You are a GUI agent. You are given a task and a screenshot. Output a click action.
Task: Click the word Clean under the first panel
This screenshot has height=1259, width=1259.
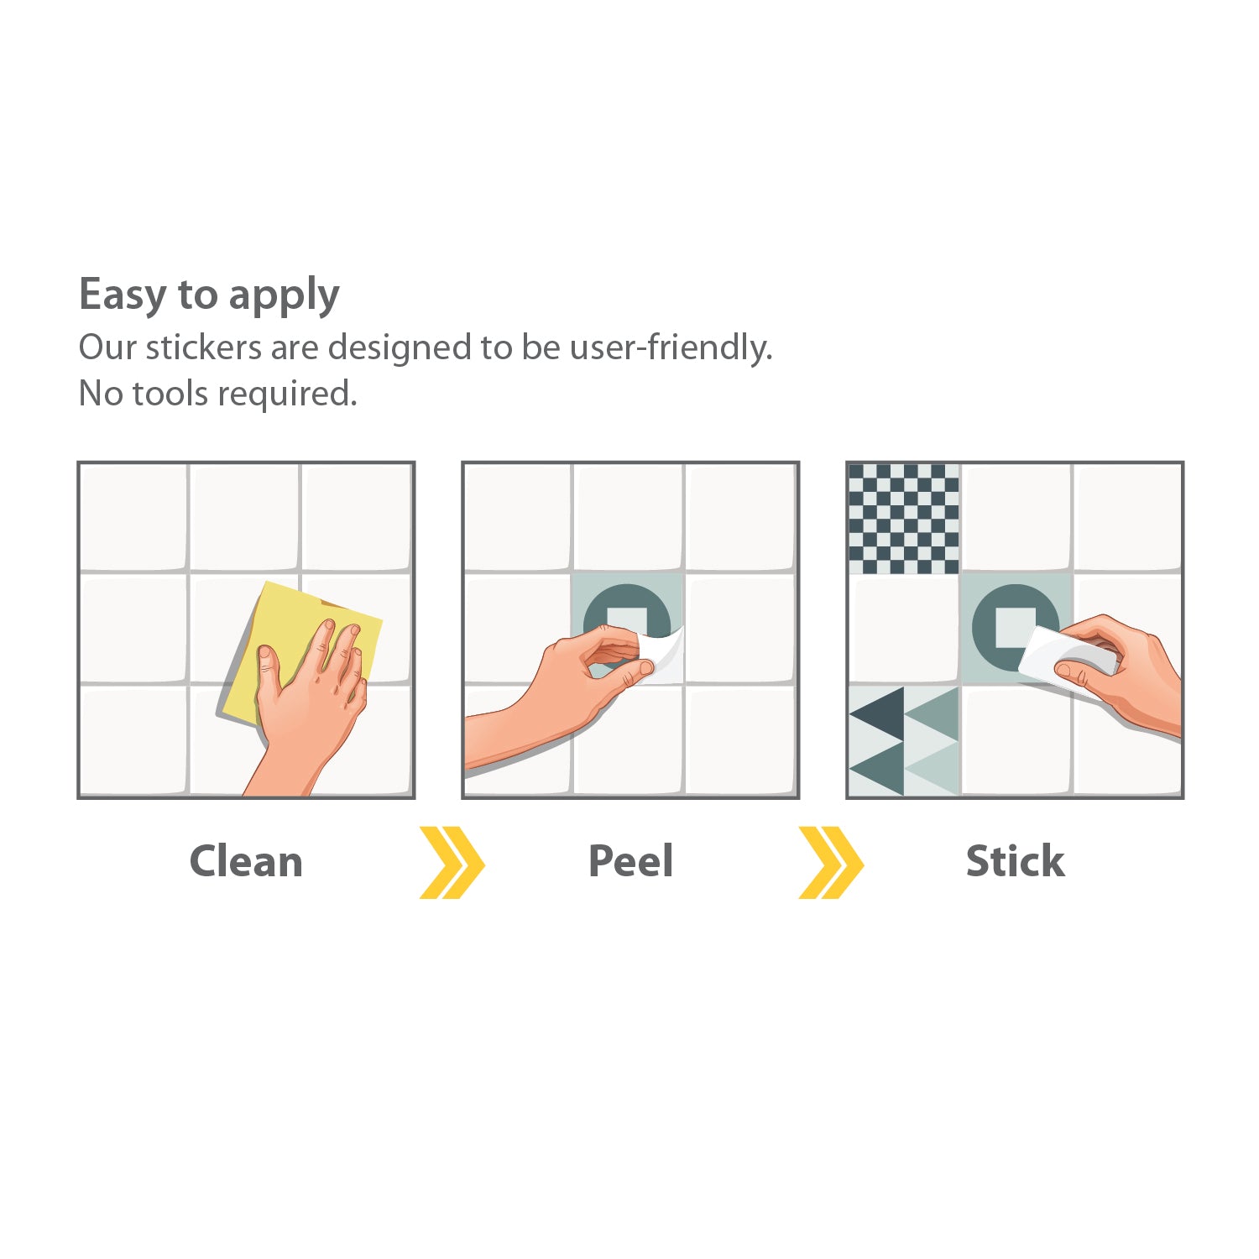click(x=246, y=861)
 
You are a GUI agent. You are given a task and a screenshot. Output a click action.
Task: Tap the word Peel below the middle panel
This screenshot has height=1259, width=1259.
click(x=631, y=861)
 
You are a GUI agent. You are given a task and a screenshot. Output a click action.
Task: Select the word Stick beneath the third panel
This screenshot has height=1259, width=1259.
click(x=1016, y=861)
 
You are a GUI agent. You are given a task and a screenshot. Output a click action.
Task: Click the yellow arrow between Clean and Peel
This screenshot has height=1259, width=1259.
click(x=452, y=862)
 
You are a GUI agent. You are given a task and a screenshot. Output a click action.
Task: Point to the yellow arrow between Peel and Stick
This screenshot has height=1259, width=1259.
click(x=831, y=862)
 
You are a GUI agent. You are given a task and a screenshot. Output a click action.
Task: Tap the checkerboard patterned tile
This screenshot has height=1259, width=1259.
click(x=904, y=519)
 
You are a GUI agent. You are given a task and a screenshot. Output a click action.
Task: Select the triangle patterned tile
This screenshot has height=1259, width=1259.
click(x=904, y=740)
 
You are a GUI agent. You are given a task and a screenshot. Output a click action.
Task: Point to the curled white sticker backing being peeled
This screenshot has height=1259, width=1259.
click(x=663, y=655)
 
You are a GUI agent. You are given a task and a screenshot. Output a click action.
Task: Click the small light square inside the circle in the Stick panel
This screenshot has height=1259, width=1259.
click(x=1014, y=627)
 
